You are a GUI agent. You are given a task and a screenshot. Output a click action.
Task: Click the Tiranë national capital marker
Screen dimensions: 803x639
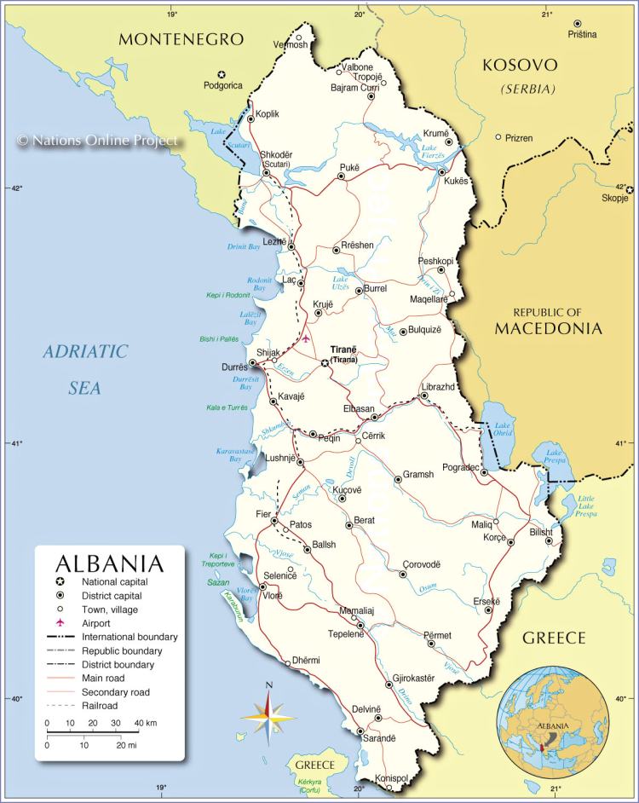(325, 363)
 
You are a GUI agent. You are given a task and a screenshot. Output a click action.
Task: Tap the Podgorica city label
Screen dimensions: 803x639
(222, 85)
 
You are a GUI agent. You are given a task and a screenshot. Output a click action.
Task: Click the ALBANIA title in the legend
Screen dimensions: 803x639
(109, 564)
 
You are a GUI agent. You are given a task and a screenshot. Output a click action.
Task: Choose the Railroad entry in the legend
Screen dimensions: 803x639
(101, 705)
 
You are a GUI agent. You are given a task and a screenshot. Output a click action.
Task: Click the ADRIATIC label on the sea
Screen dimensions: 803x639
(85, 351)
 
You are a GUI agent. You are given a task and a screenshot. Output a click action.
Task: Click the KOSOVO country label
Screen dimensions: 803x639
(520, 65)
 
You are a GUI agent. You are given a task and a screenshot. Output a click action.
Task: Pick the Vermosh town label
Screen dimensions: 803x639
(290, 45)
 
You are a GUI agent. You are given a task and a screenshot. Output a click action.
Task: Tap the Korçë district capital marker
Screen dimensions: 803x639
(510, 541)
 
